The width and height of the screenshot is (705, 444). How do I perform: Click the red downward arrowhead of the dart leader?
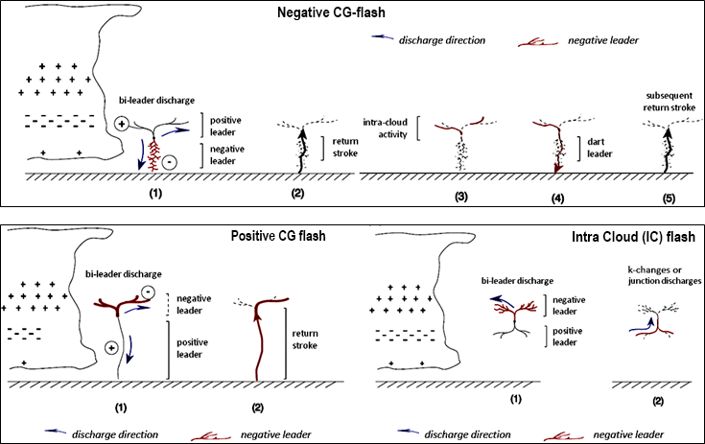tap(556, 170)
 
